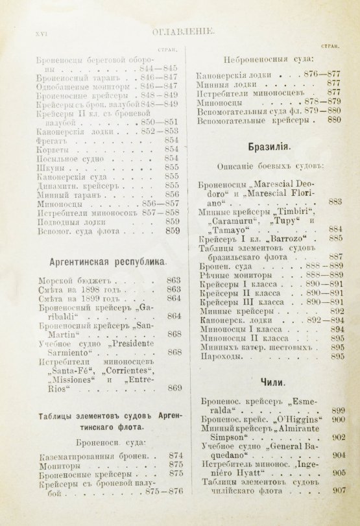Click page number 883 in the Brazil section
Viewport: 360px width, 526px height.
(335, 202)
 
